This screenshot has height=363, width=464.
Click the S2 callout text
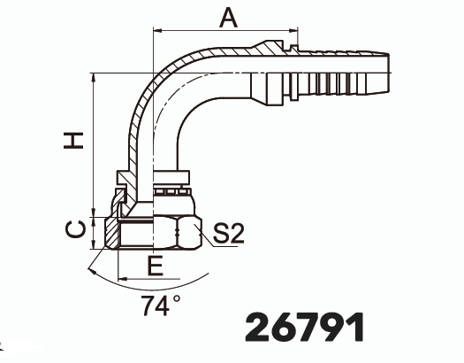tap(228, 234)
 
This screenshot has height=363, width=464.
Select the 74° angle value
tap(160, 305)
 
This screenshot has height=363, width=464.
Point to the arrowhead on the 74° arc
tap(92, 271)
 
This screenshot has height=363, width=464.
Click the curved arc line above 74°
tap(177, 283)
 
